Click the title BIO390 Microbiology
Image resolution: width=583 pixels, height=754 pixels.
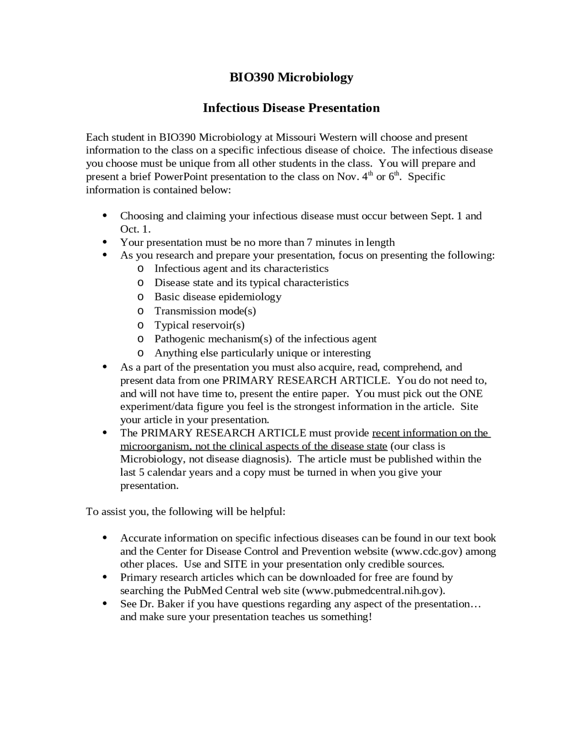[291, 77]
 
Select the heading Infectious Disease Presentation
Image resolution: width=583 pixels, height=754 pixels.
[291, 108]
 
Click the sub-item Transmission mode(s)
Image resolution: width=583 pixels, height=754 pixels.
[205, 311]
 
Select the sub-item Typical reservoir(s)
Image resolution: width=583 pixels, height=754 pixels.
[199, 325]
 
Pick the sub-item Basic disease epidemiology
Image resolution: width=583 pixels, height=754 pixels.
[218, 297]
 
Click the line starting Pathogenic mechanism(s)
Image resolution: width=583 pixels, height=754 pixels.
[265, 339]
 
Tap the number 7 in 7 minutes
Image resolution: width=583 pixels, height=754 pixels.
[310, 242]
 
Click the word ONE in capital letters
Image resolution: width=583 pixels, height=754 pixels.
[471, 394]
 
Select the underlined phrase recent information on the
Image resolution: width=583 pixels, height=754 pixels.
[430, 433]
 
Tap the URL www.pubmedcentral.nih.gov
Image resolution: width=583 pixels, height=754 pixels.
[373, 591]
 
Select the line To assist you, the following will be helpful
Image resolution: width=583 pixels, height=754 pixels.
[185, 512]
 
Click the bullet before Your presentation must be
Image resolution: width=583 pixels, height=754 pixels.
[105, 242]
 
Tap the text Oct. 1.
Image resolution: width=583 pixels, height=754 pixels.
[135, 229]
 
